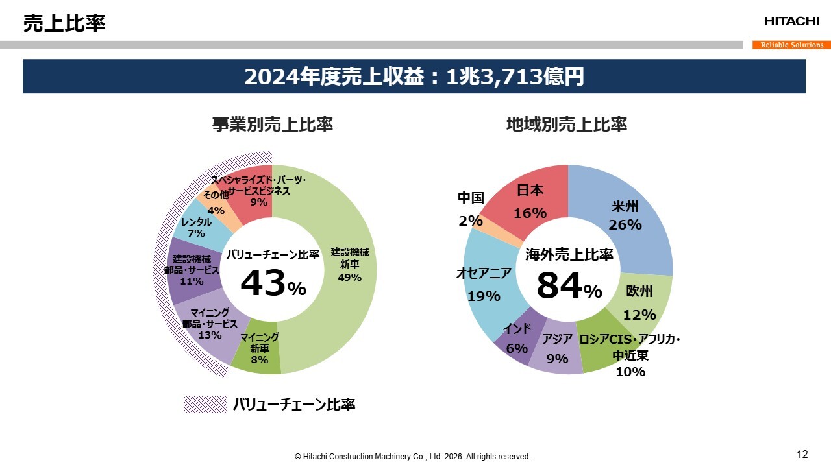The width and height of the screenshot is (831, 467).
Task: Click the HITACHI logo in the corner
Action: pyautogui.click(x=791, y=21)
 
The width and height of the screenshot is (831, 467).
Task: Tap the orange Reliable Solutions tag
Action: pyautogui.click(x=791, y=45)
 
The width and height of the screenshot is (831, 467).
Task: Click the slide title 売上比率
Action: pyautogui.click(x=64, y=24)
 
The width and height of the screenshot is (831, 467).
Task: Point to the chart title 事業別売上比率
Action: pyautogui.click(x=272, y=125)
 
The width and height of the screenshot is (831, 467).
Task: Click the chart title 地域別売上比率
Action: pyautogui.click(x=566, y=125)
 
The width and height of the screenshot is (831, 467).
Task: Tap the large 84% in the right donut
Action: pyautogui.click(x=569, y=286)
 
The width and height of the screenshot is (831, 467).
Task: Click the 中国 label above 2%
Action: pyautogui.click(x=471, y=198)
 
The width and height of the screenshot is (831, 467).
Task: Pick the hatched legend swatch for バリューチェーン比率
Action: pyautogui.click(x=205, y=405)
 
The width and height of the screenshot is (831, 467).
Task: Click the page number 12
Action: pyautogui.click(x=802, y=453)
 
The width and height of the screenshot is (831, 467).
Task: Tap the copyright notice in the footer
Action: pyautogui.click(x=412, y=457)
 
